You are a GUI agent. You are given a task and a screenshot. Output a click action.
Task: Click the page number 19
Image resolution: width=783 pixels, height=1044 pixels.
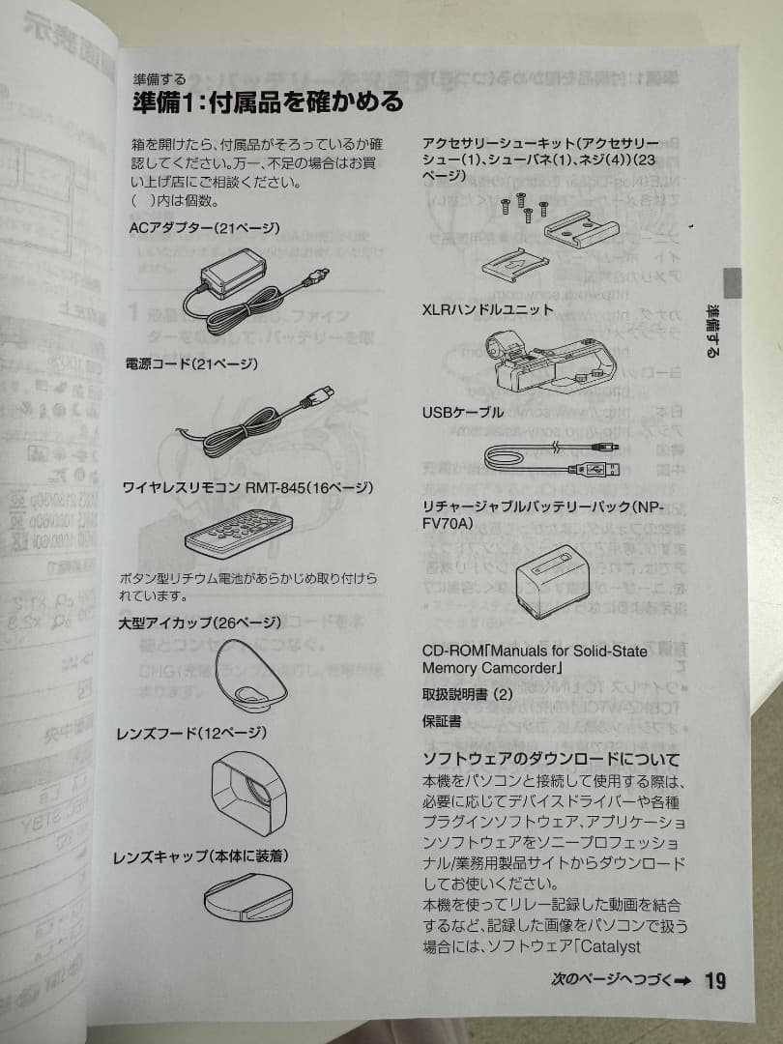click(715, 980)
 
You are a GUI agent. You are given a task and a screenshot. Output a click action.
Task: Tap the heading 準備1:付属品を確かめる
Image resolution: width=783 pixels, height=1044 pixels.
click(267, 101)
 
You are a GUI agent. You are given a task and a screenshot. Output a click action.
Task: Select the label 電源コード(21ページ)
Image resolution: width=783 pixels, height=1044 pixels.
click(192, 363)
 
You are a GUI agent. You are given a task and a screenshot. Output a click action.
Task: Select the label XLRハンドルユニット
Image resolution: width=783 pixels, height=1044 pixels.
click(488, 309)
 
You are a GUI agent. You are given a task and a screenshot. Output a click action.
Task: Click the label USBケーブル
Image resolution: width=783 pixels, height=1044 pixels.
click(463, 412)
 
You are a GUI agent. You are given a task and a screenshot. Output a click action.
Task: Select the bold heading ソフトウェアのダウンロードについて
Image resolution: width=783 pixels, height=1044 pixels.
click(551, 759)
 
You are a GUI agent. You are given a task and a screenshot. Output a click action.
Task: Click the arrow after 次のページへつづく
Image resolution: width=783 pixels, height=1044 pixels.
click(683, 981)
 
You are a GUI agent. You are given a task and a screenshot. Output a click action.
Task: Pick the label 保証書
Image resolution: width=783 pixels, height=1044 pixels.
click(442, 721)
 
